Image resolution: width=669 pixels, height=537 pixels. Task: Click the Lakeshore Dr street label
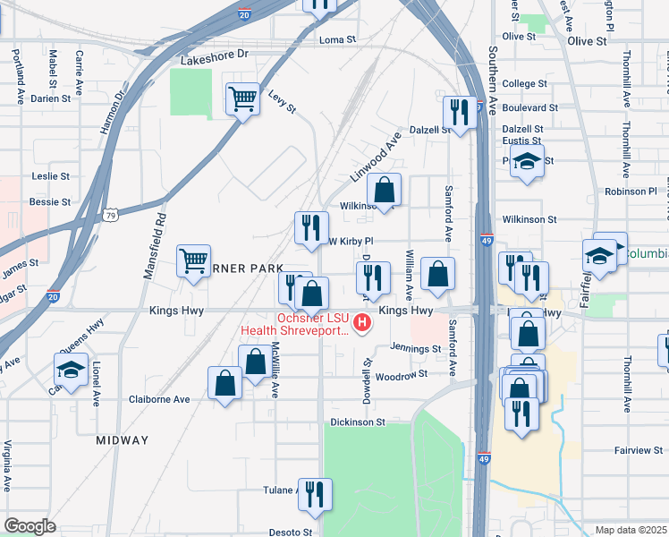[214, 54]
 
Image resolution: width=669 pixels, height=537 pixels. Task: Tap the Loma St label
[337, 40]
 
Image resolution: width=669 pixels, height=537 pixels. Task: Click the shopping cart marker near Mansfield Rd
[193, 261]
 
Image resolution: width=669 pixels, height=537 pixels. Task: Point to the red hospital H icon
[363, 322]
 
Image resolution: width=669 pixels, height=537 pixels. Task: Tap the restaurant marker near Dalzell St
[460, 112]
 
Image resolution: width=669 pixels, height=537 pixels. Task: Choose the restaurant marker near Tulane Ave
[315, 495]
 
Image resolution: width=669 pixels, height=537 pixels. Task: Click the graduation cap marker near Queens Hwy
[71, 369]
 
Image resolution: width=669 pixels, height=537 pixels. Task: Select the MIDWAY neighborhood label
[123, 440]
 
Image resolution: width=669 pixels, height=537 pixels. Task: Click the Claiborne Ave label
[159, 399]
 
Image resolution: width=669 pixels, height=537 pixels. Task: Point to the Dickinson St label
[357, 421]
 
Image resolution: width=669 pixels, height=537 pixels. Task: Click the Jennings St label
[416, 348]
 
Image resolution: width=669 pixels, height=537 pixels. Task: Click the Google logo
[30, 526]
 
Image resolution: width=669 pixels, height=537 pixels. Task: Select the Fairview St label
[638, 450]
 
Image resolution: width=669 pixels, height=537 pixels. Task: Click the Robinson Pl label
[631, 192]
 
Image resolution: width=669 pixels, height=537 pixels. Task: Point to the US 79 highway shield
[110, 216]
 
